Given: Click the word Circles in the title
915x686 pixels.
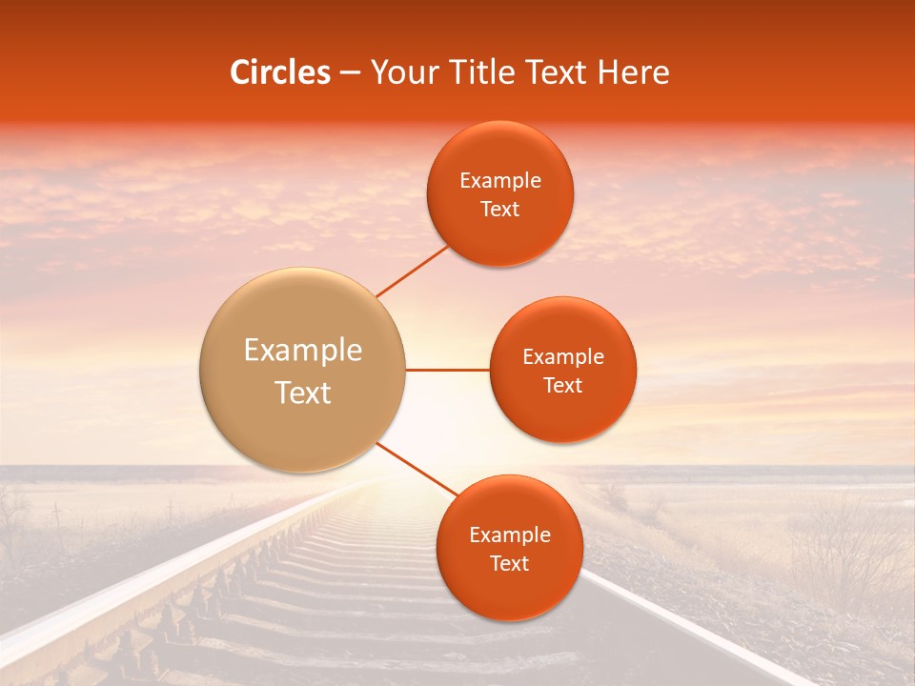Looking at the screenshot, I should (280, 72).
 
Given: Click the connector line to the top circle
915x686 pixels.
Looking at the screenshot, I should (412, 270).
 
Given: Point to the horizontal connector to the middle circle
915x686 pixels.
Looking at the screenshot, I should (447, 370).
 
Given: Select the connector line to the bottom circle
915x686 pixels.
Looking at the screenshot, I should (416, 469).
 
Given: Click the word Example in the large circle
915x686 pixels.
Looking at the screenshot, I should (302, 351).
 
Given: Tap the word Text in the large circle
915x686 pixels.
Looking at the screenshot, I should (302, 393).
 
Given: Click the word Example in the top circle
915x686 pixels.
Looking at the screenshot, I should (499, 181).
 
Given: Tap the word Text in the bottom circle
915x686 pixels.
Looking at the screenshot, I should (509, 563).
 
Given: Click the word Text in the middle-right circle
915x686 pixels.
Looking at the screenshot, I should (562, 386).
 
